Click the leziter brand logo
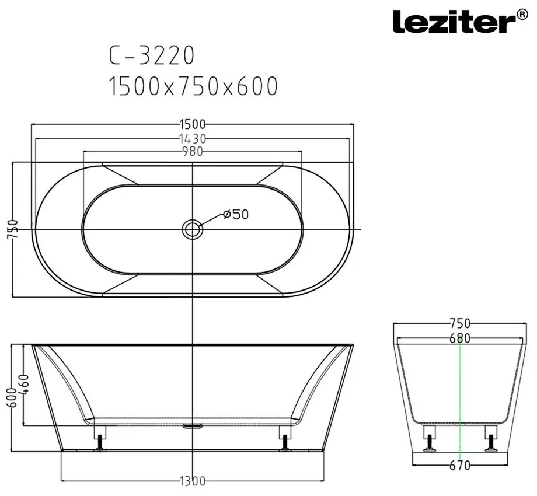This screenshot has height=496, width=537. click(x=461, y=21)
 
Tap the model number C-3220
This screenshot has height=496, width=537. click(x=152, y=55)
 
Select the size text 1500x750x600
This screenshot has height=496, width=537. click(x=193, y=86)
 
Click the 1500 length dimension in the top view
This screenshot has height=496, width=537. click(x=193, y=124)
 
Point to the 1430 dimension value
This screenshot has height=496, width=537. click(x=193, y=139)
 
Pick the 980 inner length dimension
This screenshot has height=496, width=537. click(x=193, y=151)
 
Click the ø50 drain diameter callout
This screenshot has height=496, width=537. click(x=236, y=214)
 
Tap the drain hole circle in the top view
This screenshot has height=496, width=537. click(x=193, y=229)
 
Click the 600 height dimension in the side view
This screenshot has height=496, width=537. click(x=12, y=397)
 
